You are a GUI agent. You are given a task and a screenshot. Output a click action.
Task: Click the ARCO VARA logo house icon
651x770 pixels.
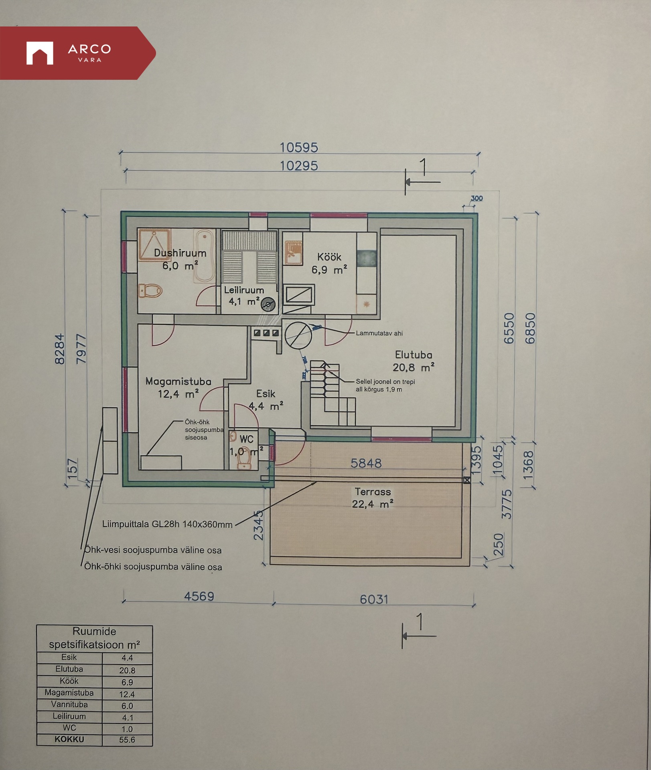pyautogui.click(x=40, y=53)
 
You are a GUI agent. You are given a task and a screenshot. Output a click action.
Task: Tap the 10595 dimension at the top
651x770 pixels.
pyautogui.click(x=299, y=148)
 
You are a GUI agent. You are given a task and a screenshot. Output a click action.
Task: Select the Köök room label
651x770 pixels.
pyautogui.click(x=329, y=257)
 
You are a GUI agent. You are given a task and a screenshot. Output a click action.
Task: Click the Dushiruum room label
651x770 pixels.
pyautogui.click(x=180, y=253)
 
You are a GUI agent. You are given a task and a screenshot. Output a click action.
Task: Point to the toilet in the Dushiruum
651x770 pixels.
pyautogui.click(x=150, y=290)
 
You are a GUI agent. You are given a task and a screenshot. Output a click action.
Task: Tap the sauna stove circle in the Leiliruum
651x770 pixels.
pyautogui.click(x=268, y=305)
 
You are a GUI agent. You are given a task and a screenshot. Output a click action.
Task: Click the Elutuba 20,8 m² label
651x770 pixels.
pyautogui.click(x=414, y=361)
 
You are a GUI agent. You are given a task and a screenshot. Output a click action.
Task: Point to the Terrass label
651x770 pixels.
pyautogui.click(x=373, y=492)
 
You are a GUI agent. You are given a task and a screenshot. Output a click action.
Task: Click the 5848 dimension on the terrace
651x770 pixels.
pyautogui.click(x=366, y=463)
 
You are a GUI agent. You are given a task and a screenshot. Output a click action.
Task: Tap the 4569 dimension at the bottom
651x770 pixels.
pyautogui.click(x=199, y=596)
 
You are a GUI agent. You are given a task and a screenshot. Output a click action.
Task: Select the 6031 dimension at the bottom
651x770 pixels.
pyautogui.click(x=374, y=600)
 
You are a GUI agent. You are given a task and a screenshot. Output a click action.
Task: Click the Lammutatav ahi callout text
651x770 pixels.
pyautogui.click(x=379, y=333)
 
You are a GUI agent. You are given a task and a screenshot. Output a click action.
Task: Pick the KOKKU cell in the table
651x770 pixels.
pyautogui.click(x=69, y=739)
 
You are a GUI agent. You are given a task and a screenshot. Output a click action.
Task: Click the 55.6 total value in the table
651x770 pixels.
pyautogui.click(x=127, y=740)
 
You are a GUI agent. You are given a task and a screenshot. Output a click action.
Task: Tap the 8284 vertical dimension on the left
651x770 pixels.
pyautogui.click(x=59, y=349)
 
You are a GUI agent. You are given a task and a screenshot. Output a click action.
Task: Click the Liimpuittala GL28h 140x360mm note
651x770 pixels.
pyautogui.click(x=167, y=524)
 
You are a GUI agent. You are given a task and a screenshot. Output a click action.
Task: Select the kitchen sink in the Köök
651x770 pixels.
pyautogui.click(x=293, y=253)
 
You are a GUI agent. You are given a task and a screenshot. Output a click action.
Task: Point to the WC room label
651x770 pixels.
pyautogui.click(x=246, y=439)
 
